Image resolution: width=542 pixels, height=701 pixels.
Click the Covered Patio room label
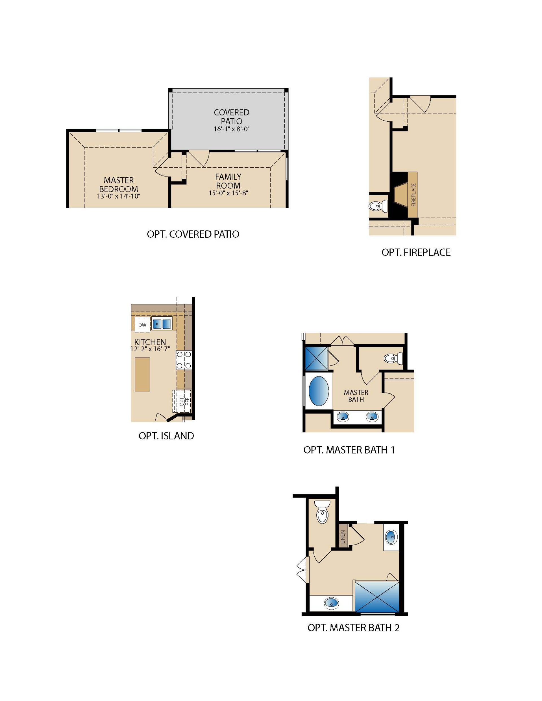231,117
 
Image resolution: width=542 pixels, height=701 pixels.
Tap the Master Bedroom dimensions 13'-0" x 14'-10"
119,196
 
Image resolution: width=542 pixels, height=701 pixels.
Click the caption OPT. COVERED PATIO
193,234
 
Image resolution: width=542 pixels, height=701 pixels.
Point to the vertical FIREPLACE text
413,194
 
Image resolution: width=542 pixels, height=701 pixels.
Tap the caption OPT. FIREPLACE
416,252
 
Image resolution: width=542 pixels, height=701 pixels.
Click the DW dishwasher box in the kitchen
142,325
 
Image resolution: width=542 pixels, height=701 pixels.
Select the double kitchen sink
162,324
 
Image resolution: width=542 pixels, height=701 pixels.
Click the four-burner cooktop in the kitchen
184,360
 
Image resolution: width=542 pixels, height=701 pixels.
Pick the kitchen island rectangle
142,374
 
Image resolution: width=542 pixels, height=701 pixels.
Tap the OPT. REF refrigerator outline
182,401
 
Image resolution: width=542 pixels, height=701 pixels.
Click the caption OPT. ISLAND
166,436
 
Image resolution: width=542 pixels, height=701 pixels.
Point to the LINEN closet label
343,537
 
